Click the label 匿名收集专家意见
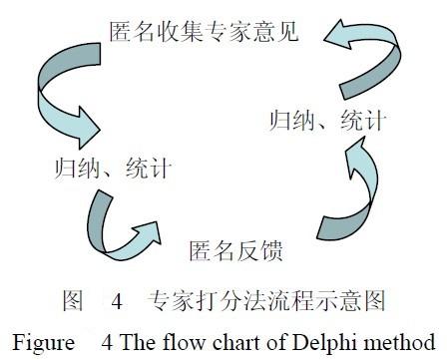[x=212, y=30]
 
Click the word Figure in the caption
[x=43, y=336]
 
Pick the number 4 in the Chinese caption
[x=116, y=298]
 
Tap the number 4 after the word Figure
[x=107, y=336]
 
